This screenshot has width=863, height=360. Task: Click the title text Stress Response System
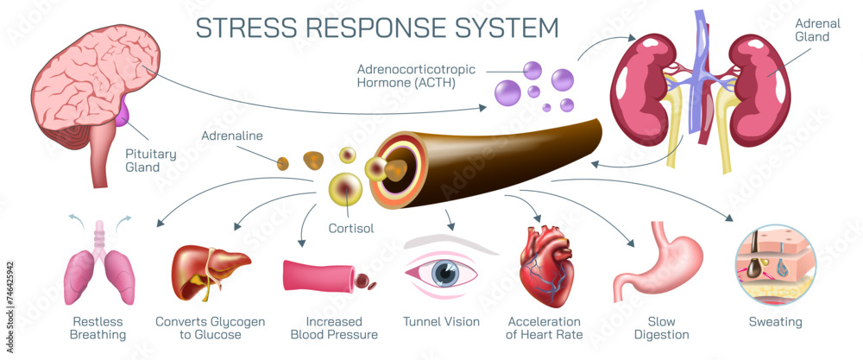coord(377,28)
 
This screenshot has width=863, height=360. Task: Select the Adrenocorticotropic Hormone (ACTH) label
coord(406,76)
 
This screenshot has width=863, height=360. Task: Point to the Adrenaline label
coord(232,136)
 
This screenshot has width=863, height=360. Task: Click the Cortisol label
coord(352,230)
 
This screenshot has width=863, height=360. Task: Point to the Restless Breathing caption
coord(97,328)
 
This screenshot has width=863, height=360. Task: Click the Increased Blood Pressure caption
coord(334,328)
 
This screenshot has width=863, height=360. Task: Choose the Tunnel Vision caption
coord(441,322)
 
